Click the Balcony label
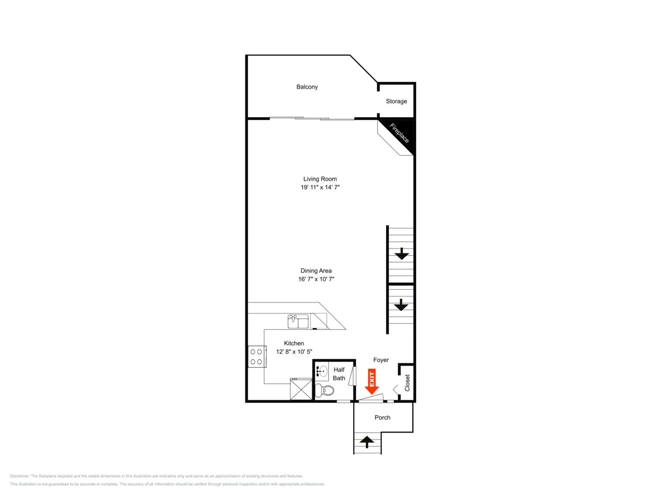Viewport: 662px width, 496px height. (x=307, y=87)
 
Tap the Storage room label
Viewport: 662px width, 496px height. (x=396, y=101)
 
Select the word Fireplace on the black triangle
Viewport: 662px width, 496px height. (x=399, y=133)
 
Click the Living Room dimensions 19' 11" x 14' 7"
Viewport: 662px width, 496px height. (x=320, y=187)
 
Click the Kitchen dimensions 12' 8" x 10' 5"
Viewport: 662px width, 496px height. (x=294, y=352)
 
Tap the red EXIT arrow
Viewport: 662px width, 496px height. (x=372, y=382)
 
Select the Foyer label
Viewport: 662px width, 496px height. (x=381, y=360)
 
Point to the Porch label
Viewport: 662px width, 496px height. (x=382, y=418)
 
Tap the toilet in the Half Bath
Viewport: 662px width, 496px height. (x=325, y=390)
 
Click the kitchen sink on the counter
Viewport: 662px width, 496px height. (x=298, y=321)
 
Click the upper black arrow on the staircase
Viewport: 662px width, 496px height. (x=402, y=254)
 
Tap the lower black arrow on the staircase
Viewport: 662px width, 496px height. (x=401, y=305)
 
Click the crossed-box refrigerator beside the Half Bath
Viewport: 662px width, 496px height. (x=301, y=389)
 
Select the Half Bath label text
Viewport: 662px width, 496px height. (x=339, y=374)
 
